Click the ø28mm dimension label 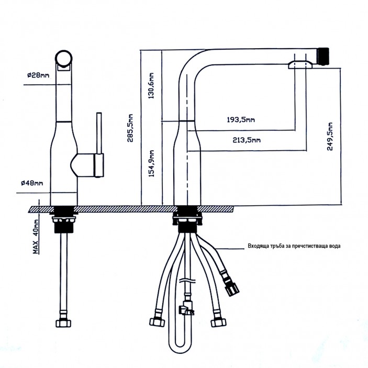(x=38, y=75)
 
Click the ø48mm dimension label (x=32, y=183)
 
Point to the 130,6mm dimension (x=152, y=85)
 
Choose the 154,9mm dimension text (x=152, y=165)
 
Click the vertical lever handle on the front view (x=98, y=141)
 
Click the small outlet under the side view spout (x=301, y=64)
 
